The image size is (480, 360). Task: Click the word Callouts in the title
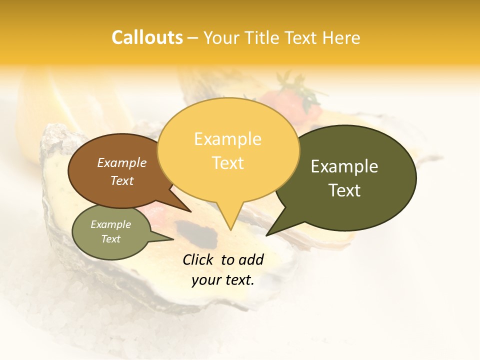click(147, 37)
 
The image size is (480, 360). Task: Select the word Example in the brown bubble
click(122, 162)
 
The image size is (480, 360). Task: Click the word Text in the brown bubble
click(122, 180)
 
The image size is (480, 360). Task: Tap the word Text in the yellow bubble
click(227, 163)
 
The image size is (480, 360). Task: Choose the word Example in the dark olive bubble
click(344, 166)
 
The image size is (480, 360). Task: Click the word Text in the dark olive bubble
click(344, 190)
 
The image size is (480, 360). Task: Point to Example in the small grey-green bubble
click(111, 224)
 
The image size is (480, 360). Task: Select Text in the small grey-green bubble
click(111, 239)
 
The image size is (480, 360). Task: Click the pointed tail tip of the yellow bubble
click(230, 230)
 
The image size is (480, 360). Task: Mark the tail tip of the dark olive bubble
click(266, 235)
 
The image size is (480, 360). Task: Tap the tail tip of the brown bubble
click(190, 211)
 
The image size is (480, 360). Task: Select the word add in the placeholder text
click(251, 259)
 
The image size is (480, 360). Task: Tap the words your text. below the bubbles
click(223, 280)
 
